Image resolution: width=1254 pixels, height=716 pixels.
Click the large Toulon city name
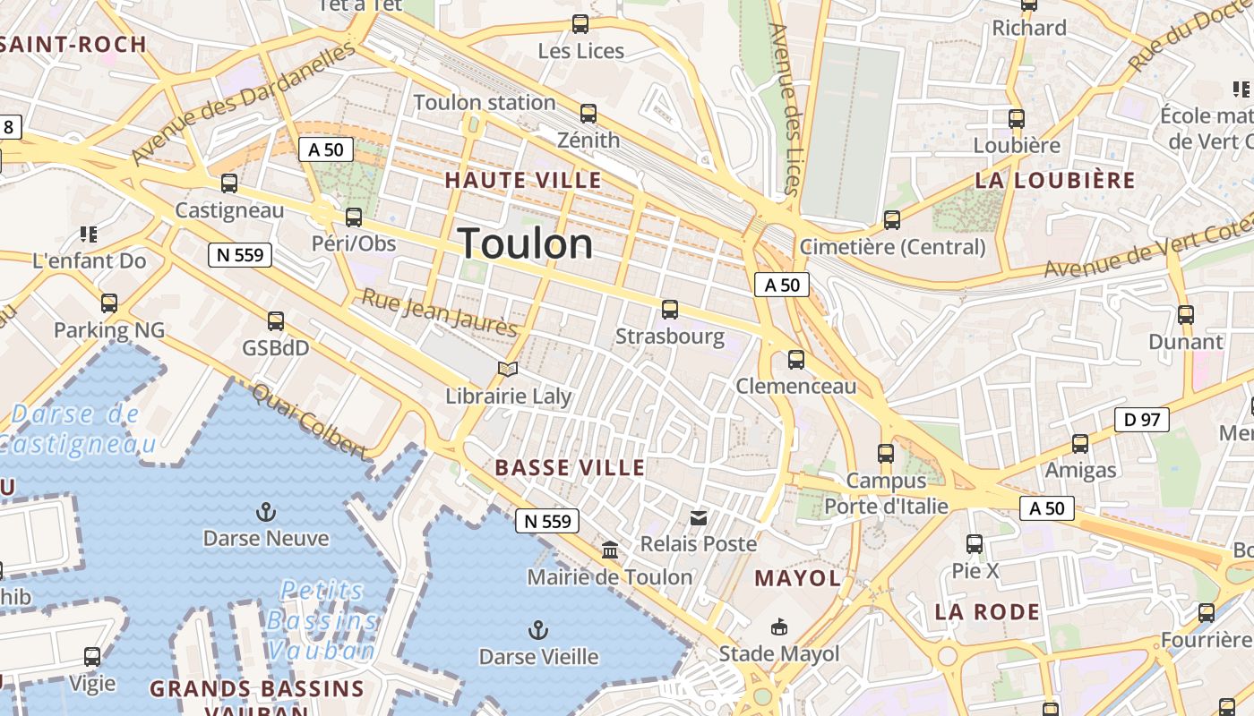click(x=526, y=243)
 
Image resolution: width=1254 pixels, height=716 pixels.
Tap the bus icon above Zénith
click(x=588, y=114)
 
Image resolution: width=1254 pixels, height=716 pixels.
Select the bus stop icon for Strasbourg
click(x=669, y=310)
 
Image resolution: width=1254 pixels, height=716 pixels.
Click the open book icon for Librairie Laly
click(x=508, y=369)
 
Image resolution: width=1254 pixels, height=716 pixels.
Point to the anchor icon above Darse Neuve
click(x=265, y=512)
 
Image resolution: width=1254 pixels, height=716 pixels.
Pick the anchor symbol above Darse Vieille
click(x=537, y=630)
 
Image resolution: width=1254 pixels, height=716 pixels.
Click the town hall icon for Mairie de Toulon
click(x=610, y=550)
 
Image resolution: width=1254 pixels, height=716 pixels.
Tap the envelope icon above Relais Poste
click(x=699, y=517)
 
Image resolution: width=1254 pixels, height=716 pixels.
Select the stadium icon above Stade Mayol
click(x=779, y=627)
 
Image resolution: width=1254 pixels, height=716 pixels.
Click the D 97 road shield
click(x=1142, y=419)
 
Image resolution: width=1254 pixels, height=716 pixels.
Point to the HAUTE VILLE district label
click(x=523, y=180)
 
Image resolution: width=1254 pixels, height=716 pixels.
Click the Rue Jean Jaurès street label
click(x=439, y=313)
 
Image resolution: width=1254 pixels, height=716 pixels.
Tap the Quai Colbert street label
click(x=309, y=421)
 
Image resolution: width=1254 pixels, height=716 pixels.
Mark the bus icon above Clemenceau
click(x=795, y=360)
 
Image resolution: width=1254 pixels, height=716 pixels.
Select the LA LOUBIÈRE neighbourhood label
click(x=1054, y=180)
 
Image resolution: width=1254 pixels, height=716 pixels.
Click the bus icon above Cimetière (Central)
click(x=891, y=220)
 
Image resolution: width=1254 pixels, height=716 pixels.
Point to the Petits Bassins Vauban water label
click(x=322, y=619)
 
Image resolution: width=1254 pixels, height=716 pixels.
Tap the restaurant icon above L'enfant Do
click(x=88, y=234)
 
